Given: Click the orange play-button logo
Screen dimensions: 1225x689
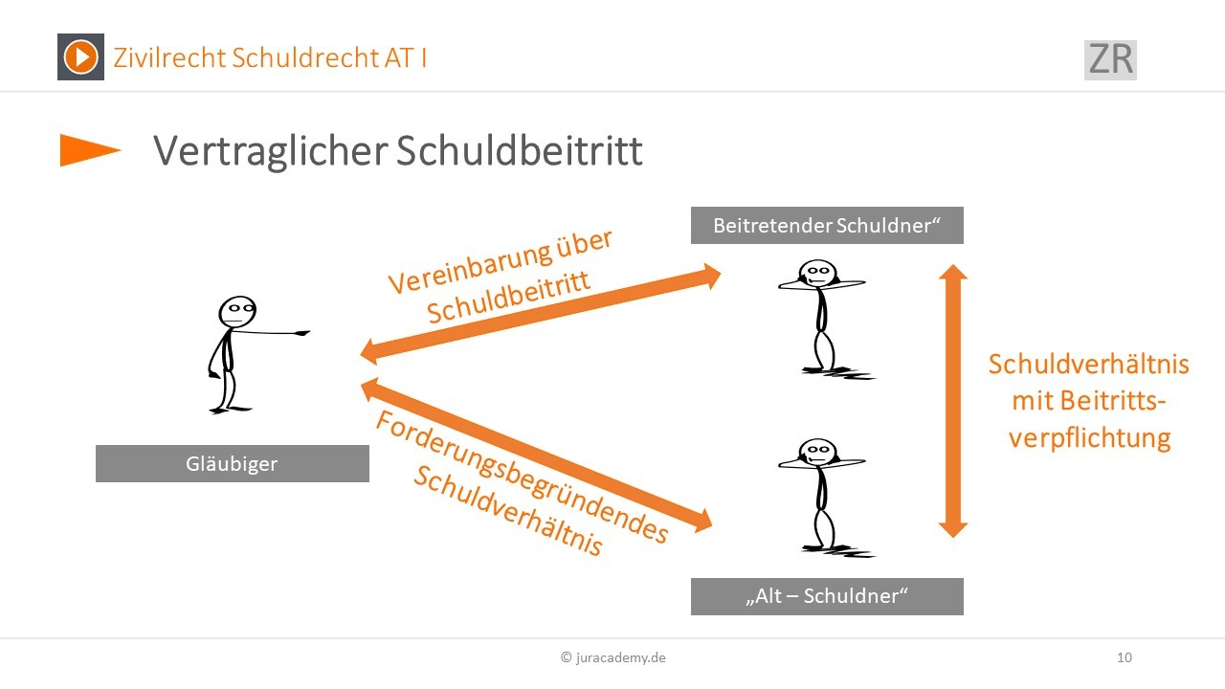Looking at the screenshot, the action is [80, 56].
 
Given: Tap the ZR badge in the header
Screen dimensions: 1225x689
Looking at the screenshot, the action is [1110, 59].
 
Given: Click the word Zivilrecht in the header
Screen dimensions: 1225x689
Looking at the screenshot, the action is [170, 57].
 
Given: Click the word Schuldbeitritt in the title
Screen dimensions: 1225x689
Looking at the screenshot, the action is [519, 150].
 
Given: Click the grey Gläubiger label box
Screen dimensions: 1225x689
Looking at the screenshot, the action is [233, 464].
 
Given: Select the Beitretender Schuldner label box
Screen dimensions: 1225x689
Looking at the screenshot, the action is [827, 225].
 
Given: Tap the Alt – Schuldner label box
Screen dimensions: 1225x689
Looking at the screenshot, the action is [827, 596].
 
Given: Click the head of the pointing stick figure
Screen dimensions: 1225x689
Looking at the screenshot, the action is [237, 312].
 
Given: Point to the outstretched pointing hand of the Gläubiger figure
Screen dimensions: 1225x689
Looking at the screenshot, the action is [301, 332].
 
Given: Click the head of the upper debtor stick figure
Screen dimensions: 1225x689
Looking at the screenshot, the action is [817, 274].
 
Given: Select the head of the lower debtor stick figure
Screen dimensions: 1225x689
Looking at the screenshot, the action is [817, 453].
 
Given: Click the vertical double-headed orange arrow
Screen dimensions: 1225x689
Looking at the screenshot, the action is [953, 401].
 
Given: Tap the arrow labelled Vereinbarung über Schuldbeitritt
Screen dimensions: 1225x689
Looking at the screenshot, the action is [541, 314].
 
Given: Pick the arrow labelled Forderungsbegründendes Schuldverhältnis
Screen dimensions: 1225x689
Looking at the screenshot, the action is [537, 455].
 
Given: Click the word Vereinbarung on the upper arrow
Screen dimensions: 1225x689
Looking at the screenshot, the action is [470, 270].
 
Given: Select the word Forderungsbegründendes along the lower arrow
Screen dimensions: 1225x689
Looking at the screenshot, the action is [523, 477].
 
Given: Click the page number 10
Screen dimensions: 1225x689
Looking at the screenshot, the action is [1125, 657].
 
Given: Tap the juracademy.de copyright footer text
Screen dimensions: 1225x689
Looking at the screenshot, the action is [613, 657].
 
